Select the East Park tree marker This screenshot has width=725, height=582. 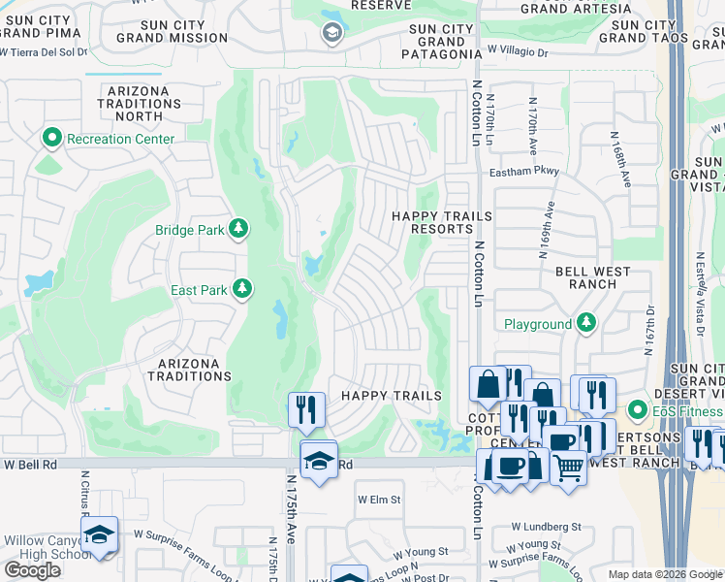tap(241, 289)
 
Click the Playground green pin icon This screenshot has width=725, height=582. tap(585, 322)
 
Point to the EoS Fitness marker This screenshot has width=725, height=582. tap(637, 410)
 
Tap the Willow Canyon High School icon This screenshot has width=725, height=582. tap(99, 536)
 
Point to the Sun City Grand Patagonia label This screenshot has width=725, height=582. tap(442, 43)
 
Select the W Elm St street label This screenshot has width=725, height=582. tap(379, 500)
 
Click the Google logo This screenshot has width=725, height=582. tap(32, 570)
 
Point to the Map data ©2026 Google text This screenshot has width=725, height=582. tap(665, 574)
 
